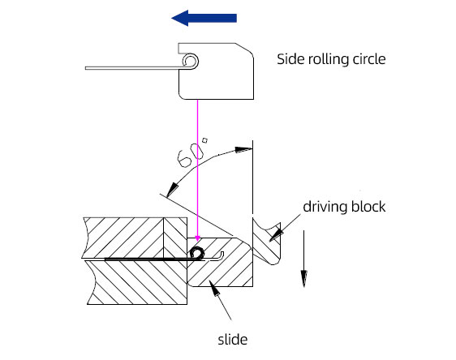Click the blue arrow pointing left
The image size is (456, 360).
(x=204, y=18)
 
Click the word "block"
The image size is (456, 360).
(x=368, y=207)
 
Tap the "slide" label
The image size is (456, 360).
(x=233, y=340)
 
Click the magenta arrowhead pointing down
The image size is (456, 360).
(x=198, y=238)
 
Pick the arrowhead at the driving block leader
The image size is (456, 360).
(x=276, y=234)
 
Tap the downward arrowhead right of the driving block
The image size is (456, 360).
(x=304, y=278)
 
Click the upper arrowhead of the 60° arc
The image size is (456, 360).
(x=243, y=150)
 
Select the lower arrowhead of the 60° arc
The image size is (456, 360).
(x=171, y=190)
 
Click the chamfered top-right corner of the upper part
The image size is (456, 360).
(x=244, y=48)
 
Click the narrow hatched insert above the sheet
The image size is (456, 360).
(x=175, y=238)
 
